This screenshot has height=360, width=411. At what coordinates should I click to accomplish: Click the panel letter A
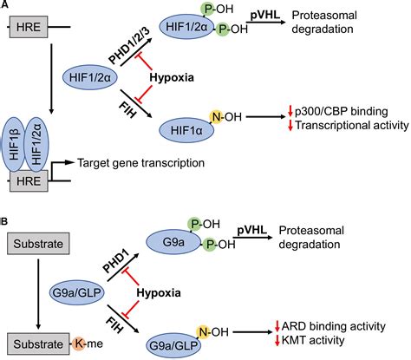(6, 7)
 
